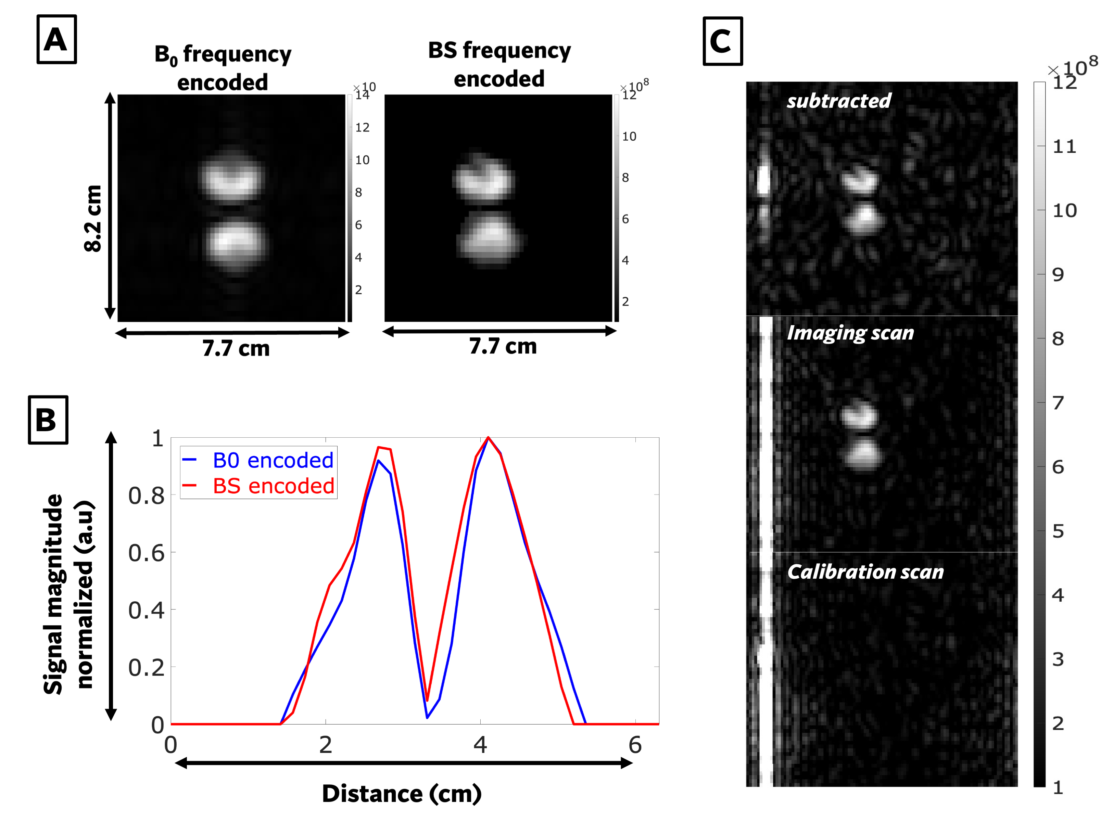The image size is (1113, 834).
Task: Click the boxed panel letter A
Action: coord(56,39)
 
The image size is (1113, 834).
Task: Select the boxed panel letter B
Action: coord(48,420)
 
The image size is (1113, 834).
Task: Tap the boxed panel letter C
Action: coord(723,41)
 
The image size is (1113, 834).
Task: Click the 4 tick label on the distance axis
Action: coord(481,744)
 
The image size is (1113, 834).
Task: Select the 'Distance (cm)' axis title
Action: coord(402,793)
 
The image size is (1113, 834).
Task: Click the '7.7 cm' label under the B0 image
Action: coord(236,348)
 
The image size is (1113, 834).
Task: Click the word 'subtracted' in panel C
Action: coord(839,101)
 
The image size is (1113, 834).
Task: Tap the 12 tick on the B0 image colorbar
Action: coord(362,127)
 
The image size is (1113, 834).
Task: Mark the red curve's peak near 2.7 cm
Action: coord(378,447)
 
